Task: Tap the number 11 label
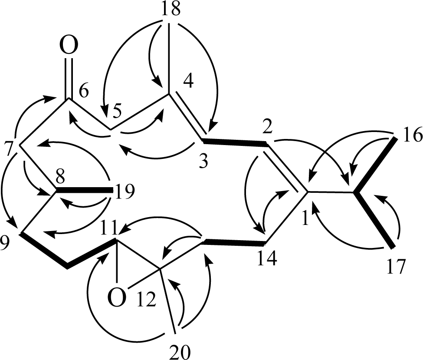tap(111, 228)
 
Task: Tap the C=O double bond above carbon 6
tap(67, 78)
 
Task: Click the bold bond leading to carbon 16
tap(376, 165)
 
